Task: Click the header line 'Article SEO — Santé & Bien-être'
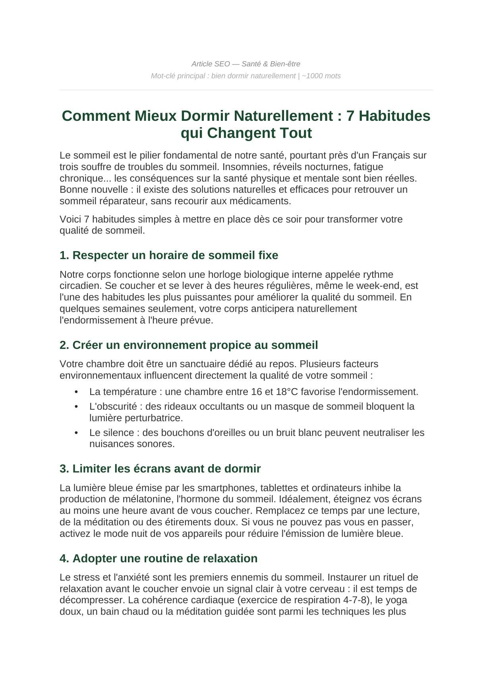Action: [246, 64]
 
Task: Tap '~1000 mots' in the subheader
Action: [321, 76]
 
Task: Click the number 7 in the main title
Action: [350, 116]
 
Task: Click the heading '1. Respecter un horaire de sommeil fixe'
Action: [169, 255]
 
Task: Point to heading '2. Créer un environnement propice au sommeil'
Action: [189, 345]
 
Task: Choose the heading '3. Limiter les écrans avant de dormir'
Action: [160, 469]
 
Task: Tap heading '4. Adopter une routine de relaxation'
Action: [159, 558]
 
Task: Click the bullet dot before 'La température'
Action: [76, 392]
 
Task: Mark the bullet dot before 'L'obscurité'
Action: [76, 407]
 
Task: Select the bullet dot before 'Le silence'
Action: [76, 433]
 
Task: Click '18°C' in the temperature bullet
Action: [287, 392]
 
